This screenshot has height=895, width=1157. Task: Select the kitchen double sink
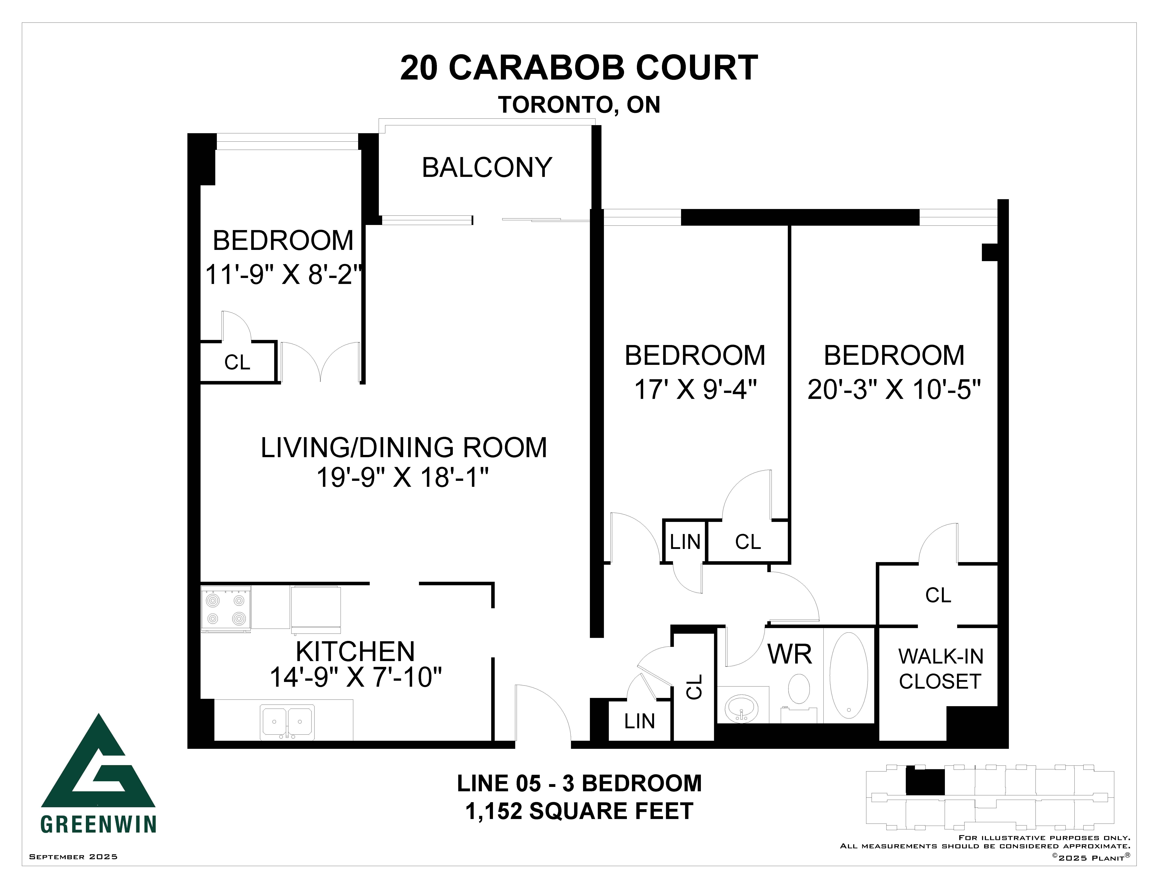pyautogui.click(x=287, y=722)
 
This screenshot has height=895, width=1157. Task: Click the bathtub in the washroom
pyautogui.click(x=849, y=675)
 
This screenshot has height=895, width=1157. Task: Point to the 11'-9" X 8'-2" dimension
pyautogui.click(x=283, y=275)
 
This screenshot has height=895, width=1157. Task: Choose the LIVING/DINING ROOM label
pyautogui.click(x=404, y=447)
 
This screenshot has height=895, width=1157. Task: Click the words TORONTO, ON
pyautogui.click(x=579, y=105)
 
